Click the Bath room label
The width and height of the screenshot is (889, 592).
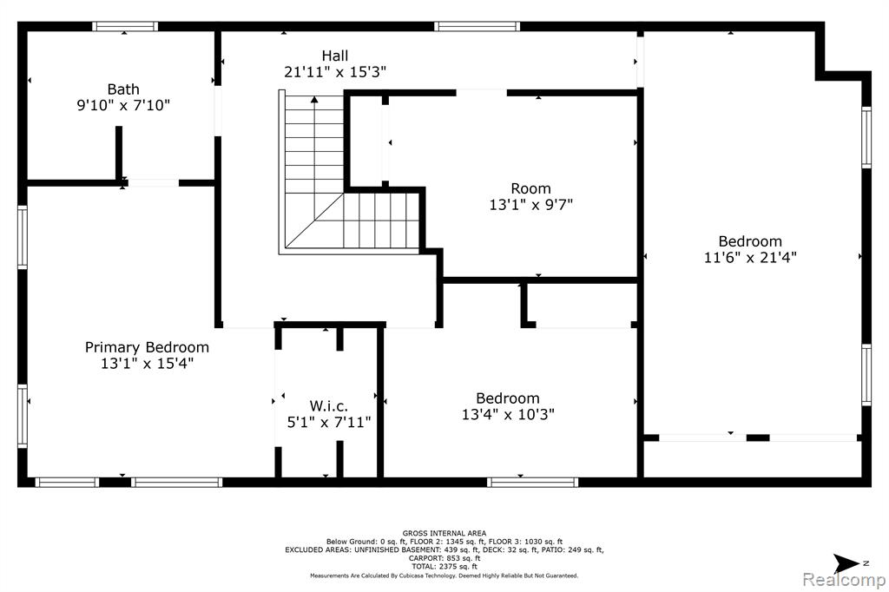tap(123, 89)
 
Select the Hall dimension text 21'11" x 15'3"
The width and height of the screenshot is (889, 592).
tap(335, 72)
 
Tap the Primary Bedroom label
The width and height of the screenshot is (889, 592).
tap(147, 347)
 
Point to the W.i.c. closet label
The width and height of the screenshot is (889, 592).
tap(329, 406)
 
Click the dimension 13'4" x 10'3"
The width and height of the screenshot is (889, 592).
tap(508, 415)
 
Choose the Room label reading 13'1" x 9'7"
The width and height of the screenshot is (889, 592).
tap(531, 196)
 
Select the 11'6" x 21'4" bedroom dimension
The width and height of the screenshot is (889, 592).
tap(750, 258)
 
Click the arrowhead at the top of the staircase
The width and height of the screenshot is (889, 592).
tap(314, 100)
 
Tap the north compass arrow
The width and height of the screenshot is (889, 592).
tap(846, 563)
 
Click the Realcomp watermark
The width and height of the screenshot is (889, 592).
tap(844, 580)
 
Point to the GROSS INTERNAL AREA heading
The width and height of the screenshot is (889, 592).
tap(444, 533)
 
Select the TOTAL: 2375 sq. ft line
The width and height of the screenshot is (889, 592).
tap(444, 566)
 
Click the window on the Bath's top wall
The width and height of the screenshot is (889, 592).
tap(125, 26)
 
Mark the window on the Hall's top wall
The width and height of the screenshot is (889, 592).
tap(477, 26)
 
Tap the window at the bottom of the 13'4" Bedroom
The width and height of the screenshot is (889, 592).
tap(533, 483)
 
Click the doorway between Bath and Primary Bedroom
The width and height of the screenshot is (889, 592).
tap(153, 182)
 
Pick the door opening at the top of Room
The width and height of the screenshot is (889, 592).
tap(481, 92)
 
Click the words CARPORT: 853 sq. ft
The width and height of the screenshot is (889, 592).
tap(444, 558)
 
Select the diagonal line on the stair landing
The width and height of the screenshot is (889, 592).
tap(314, 220)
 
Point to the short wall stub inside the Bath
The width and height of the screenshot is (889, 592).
tap(119, 153)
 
